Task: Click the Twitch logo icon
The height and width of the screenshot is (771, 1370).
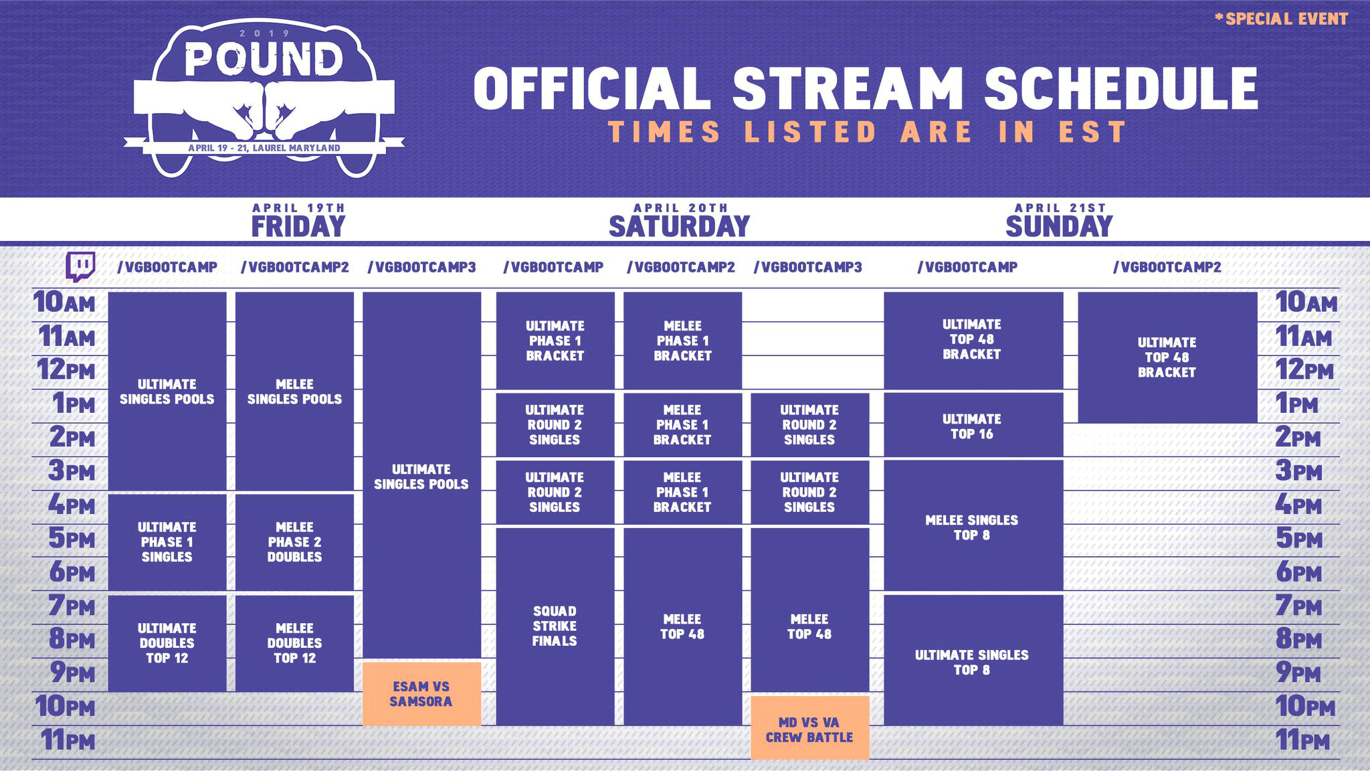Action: (x=80, y=267)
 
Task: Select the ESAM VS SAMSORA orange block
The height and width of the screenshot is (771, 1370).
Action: (x=421, y=694)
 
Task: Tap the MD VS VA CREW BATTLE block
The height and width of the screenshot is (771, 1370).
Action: (x=809, y=729)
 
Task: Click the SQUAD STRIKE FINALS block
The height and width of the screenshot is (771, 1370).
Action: (x=555, y=626)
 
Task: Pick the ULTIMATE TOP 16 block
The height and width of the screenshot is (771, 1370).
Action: (x=973, y=426)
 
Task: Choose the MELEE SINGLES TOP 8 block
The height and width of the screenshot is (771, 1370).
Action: (x=973, y=527)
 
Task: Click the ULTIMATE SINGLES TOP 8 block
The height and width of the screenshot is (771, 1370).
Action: (x=973, y=661)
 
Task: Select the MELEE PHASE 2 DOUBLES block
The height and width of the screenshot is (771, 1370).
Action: (x=294, y=542)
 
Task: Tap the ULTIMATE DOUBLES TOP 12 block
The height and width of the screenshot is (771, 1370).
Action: (x=167, y=642)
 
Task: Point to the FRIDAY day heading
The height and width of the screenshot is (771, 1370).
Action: (x=298, y=226)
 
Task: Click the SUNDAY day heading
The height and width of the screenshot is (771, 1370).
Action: (x=1059, y=226)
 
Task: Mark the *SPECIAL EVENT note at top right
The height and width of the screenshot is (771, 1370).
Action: (x=1281, y=19)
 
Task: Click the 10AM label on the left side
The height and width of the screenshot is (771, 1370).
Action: (x=65, y=303)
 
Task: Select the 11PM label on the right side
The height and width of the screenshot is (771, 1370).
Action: (x=1303, y=740)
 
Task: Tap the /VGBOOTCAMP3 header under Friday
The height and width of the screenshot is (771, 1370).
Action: (x=421, y=267)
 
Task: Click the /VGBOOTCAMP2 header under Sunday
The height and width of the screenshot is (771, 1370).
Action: (x=1167, y=267)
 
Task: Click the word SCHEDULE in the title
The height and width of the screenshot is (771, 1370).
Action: (x=1121, y=88)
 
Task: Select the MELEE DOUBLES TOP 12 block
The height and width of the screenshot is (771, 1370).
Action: (x=294, y=642)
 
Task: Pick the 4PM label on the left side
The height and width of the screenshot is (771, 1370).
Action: (x=72, y=504)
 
